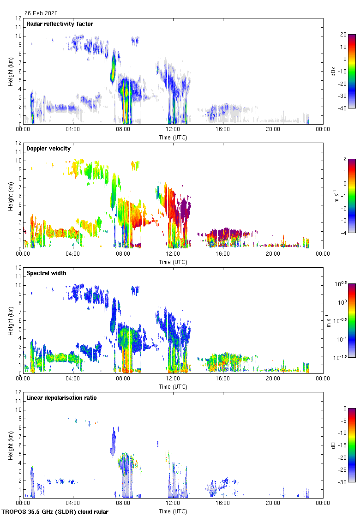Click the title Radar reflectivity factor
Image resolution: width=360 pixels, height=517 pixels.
(60, 24)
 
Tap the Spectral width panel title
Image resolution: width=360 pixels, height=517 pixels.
(46, 273)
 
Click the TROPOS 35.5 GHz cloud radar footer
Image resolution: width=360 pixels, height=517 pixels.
(55, 512)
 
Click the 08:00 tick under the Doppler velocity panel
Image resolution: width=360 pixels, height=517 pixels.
(123, 253)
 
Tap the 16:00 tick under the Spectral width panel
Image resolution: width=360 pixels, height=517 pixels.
(223, 378)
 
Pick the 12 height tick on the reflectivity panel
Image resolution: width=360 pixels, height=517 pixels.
(18, 18)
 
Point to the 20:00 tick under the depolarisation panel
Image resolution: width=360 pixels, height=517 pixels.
(273, 503)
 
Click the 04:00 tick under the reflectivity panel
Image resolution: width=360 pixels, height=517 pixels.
(73, 129)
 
